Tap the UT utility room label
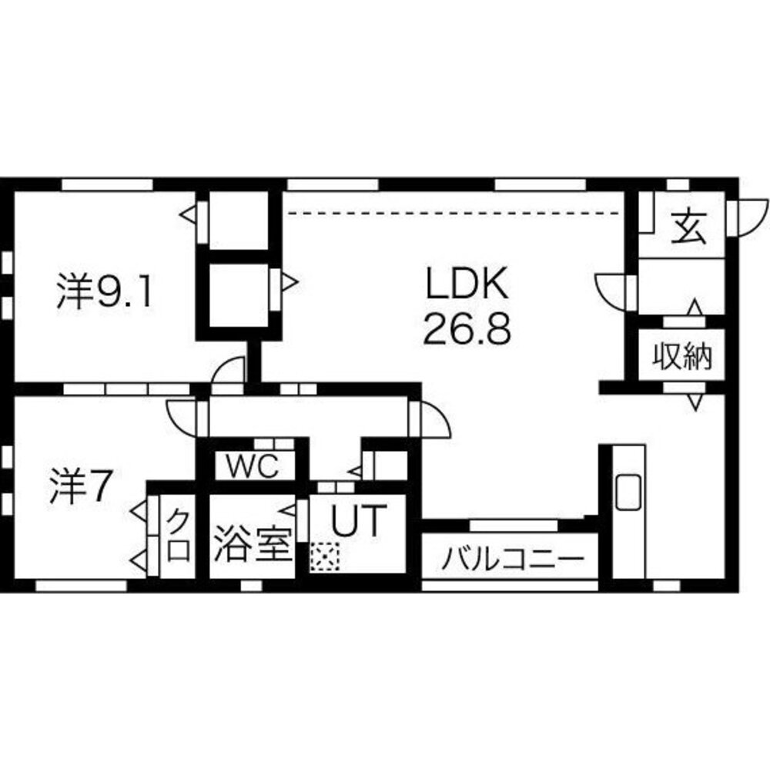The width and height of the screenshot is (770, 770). pos(357,522)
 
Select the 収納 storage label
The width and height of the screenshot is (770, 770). pos(682,356)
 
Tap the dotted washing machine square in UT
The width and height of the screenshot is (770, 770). pos(324,557)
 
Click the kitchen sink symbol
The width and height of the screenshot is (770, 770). pos(628,491)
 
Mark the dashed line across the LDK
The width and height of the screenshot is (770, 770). pos(454,212)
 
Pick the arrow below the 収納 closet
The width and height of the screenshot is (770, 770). pos(695,402)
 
